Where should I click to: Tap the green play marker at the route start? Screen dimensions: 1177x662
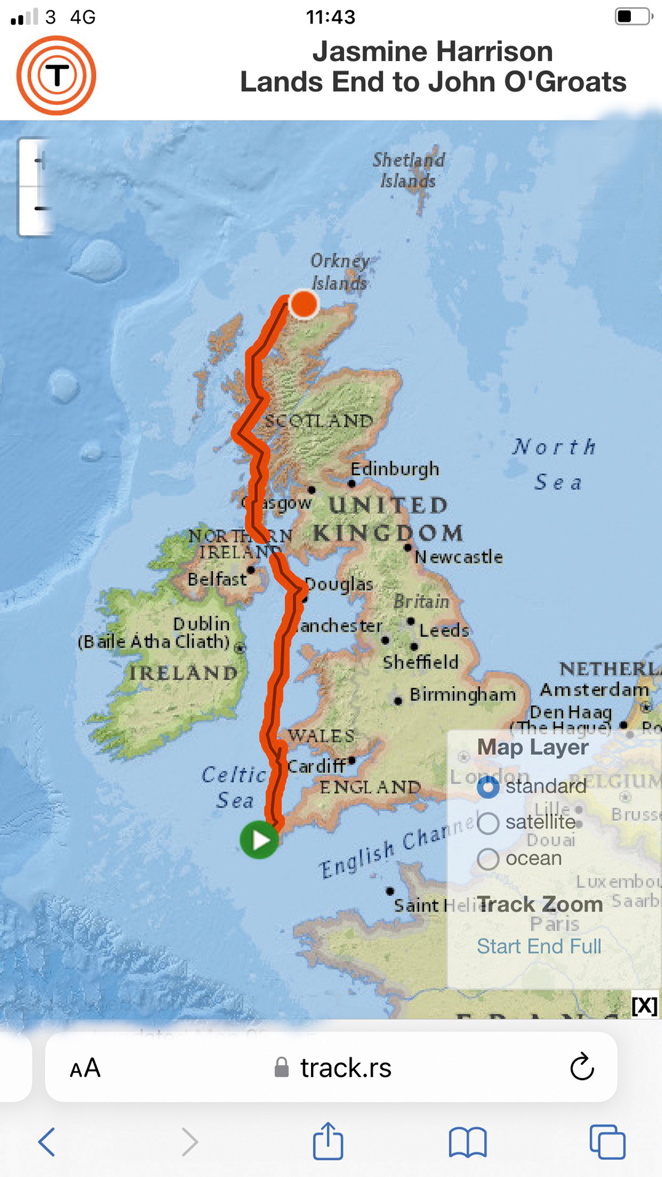point(259,840)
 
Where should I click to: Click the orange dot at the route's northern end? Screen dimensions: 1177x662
point(304,304)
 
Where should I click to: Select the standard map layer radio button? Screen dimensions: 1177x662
point(488,787)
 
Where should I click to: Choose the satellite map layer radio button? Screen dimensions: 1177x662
point(488,823)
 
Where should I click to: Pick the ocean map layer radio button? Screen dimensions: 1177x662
point(488,859)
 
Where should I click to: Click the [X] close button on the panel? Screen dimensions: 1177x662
point(644,1006)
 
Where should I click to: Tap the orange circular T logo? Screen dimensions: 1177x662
point(57,75)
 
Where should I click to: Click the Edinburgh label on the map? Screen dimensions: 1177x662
point(395,469)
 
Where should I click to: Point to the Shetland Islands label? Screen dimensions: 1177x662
point(409,170)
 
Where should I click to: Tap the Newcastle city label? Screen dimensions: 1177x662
point(459,557)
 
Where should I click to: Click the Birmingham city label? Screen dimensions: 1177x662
point(462,694)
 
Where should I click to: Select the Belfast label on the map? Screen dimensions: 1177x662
point(217,579)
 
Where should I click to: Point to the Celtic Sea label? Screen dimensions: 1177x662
point(234,787)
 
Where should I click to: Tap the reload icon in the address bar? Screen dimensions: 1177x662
point(582,1067)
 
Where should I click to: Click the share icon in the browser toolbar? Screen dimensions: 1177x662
point(327,1142)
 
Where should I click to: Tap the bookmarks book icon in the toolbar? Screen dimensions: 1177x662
point(468,1142)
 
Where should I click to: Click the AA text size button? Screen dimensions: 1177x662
point(85,1068)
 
